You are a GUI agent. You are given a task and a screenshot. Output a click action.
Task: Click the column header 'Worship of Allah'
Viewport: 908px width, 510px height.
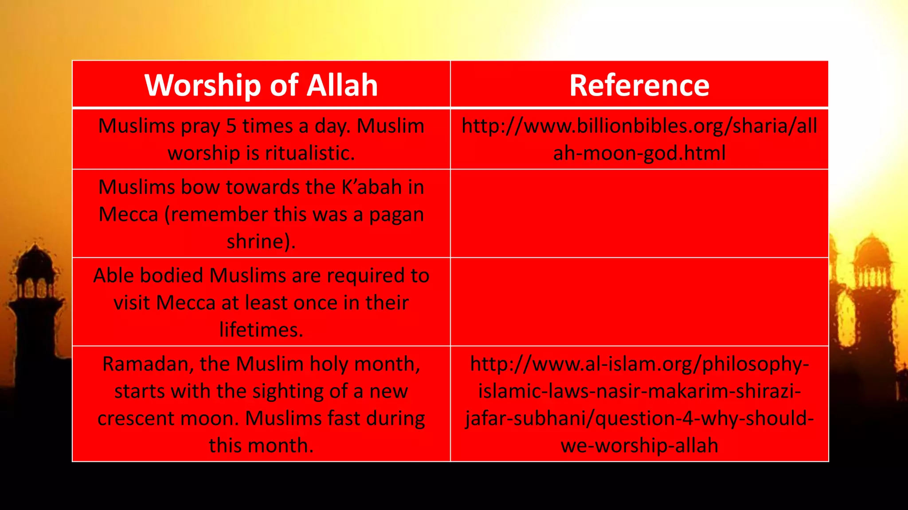click(x=261, y=85)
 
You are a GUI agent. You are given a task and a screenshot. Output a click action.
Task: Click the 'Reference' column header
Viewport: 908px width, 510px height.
click(x=639, y=85)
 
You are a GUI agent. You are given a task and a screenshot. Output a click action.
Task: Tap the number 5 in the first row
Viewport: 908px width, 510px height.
click(x=231, y=126)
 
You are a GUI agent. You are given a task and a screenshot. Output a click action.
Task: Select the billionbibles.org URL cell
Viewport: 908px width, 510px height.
click(x=639, y=139)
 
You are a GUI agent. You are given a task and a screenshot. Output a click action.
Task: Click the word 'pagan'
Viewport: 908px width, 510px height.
click(x=396, y=215)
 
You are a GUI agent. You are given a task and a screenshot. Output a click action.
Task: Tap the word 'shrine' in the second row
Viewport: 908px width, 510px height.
click(x=255, y=242)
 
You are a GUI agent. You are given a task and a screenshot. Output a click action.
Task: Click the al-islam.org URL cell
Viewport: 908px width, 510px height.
click(x=639, y=404)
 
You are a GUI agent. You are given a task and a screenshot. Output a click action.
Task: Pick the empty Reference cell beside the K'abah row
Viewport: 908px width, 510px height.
click(x=639, y=213)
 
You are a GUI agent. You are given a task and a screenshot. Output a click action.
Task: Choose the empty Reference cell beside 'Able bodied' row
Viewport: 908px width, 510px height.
click(x=639, y=302)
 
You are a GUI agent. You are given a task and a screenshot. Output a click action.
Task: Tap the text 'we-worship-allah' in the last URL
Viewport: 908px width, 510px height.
click(x=639, y=446)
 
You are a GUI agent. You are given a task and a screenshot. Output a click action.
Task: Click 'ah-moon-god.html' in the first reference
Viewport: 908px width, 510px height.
click(x=639, y=153)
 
